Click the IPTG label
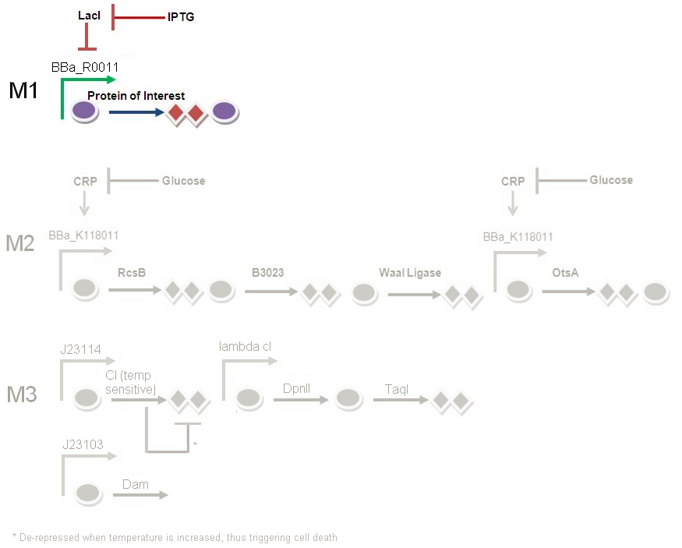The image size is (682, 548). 181,16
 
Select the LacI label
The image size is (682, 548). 90,15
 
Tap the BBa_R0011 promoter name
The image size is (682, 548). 85,68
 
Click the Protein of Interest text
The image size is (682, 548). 136,96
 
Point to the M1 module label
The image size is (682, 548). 23,91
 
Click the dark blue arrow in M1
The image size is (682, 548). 136,112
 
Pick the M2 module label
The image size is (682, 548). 20,244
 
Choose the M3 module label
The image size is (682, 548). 22,394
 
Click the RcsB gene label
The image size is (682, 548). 132,273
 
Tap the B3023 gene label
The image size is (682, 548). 267,273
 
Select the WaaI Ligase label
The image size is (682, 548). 410,273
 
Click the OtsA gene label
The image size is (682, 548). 564,273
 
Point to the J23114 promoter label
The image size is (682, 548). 81,349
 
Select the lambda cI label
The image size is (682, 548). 245,347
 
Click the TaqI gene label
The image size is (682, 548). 396,388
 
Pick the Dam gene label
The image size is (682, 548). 136,484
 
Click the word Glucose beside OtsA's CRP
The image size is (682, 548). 611,180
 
